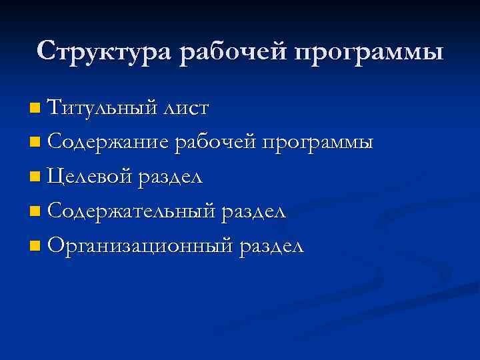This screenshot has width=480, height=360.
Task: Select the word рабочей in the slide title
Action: point(229,51)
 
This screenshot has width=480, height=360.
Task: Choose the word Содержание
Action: point(108,142)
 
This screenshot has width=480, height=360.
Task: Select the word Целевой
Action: point(91,177)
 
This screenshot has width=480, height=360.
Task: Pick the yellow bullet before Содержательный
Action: point(35,213)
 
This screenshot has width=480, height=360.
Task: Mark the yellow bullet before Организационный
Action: point(35,247)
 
